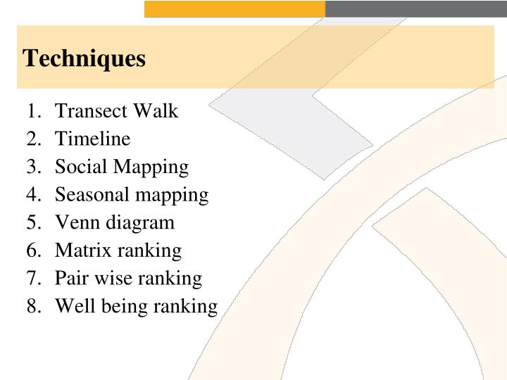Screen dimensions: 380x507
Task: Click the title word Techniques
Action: (84, 58)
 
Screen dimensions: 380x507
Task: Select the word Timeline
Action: (92, 139)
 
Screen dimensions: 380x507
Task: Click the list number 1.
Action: (34, 111)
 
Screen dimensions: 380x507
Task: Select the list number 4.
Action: (34, 195)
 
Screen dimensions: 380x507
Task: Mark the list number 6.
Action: (34, 251)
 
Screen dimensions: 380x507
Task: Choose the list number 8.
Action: (34, 306)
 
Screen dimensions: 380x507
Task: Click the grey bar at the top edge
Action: (415, 8)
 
